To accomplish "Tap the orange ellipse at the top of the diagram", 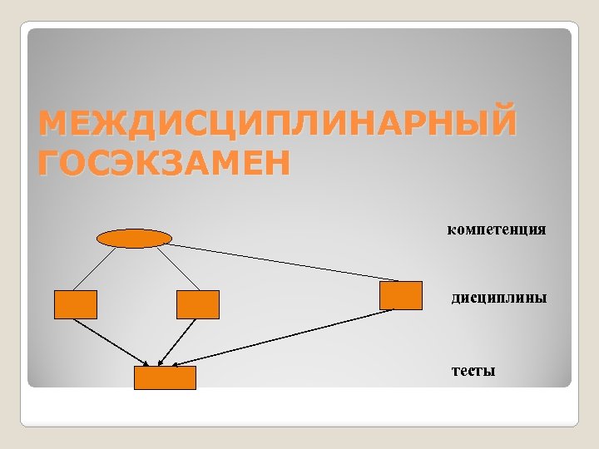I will pos(134,239).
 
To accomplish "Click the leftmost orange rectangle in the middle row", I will pos(76,304).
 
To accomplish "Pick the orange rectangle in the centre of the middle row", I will pos(198,304).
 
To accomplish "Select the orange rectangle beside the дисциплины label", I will pos(401,296).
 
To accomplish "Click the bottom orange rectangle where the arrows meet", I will pos(166,377).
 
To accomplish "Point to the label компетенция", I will pos(497,229).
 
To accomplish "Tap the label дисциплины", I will pos(499,297).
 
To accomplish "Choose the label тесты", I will pos(473,370).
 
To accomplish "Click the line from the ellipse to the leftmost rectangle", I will pos(96,269).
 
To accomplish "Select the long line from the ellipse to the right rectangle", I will pos(283,262).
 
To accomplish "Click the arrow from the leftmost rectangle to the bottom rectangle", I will pos(112,342).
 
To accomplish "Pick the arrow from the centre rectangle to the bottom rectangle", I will pos(184,342).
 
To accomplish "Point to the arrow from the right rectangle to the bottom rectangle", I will pos(283,338).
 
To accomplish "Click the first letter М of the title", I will pos(52,123).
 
